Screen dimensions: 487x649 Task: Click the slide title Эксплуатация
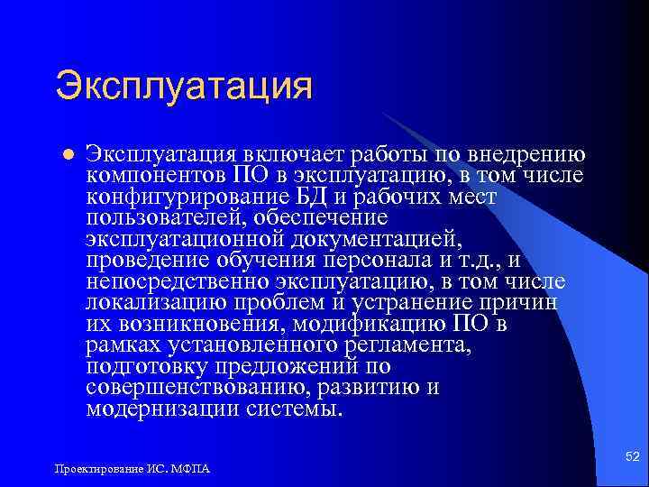(x=184, y=87)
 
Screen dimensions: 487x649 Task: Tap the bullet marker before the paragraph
(x=65, y=153)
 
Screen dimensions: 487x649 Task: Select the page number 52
(x=632, y=459)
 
